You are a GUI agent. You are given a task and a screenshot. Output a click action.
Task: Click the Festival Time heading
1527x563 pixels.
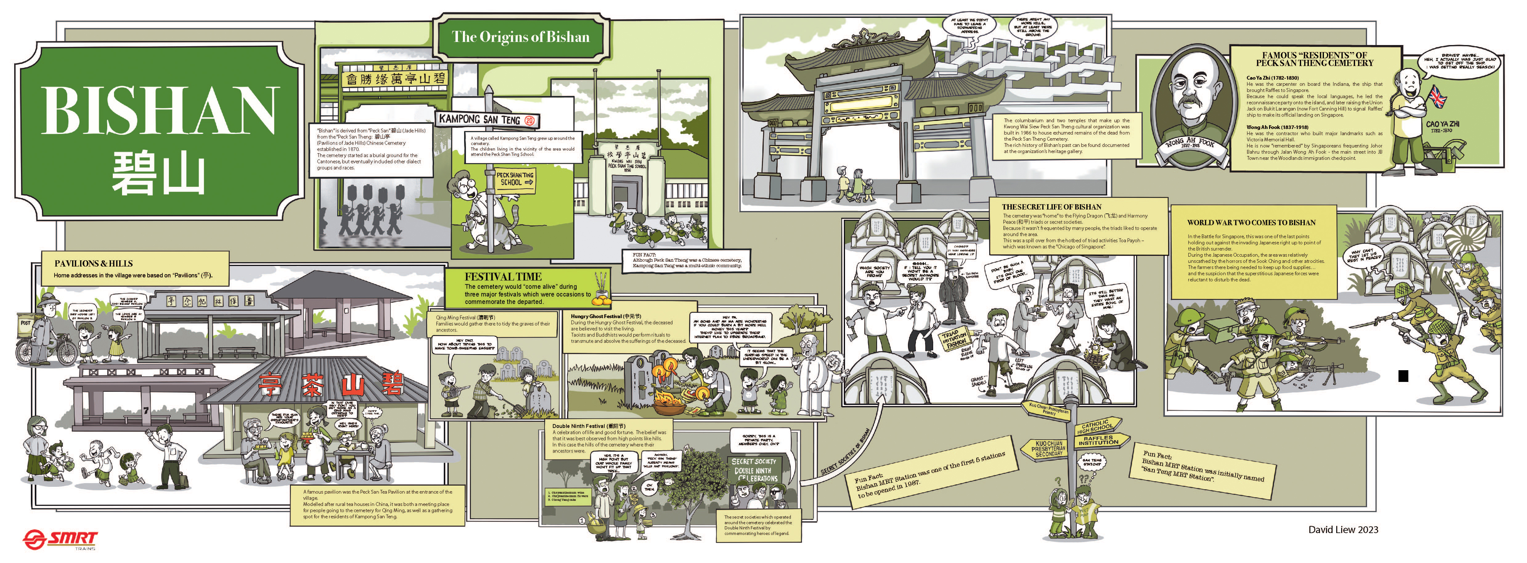[503, 276]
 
